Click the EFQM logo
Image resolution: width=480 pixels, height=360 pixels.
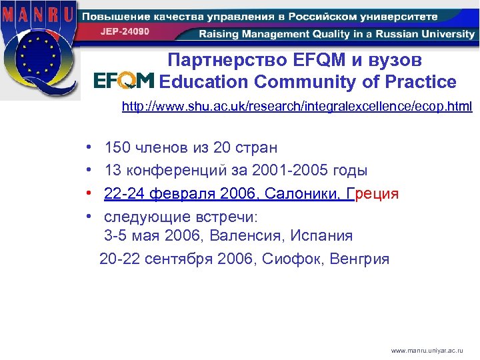click(124, 81)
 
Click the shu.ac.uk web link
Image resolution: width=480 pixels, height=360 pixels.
click(297, 107)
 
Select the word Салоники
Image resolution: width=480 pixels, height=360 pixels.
click(304, 194)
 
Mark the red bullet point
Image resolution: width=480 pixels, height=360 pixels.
click(89, 194)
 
